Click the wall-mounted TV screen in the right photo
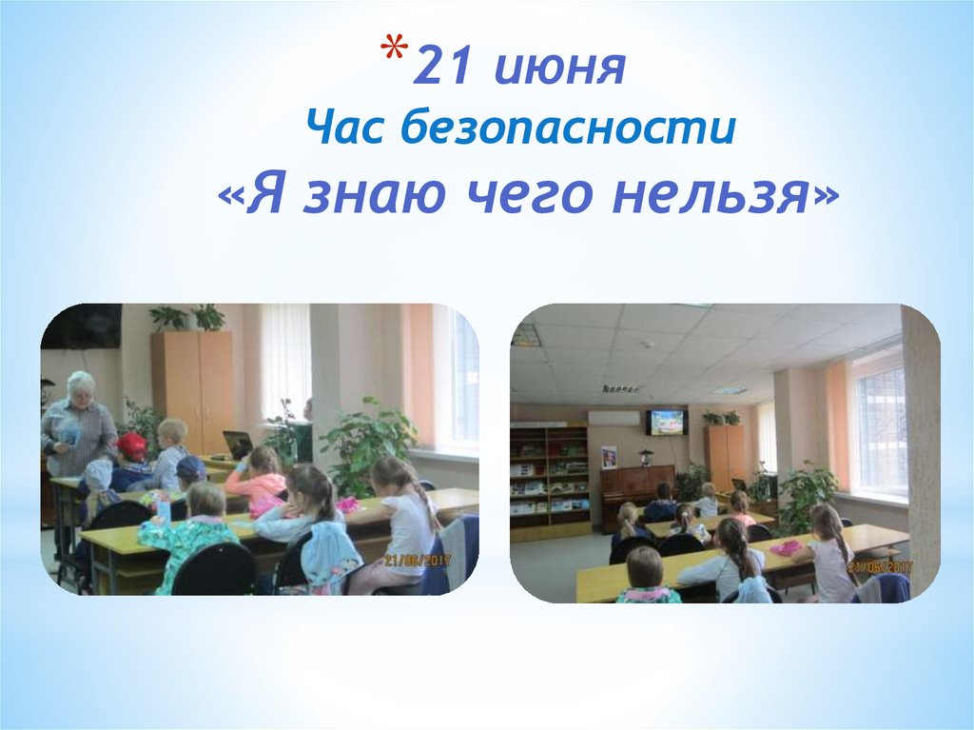click(666, 422)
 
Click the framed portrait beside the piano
click(609, 457)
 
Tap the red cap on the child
click(131, 444)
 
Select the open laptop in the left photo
click(237, 444)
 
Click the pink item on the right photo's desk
click(786, 547)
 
